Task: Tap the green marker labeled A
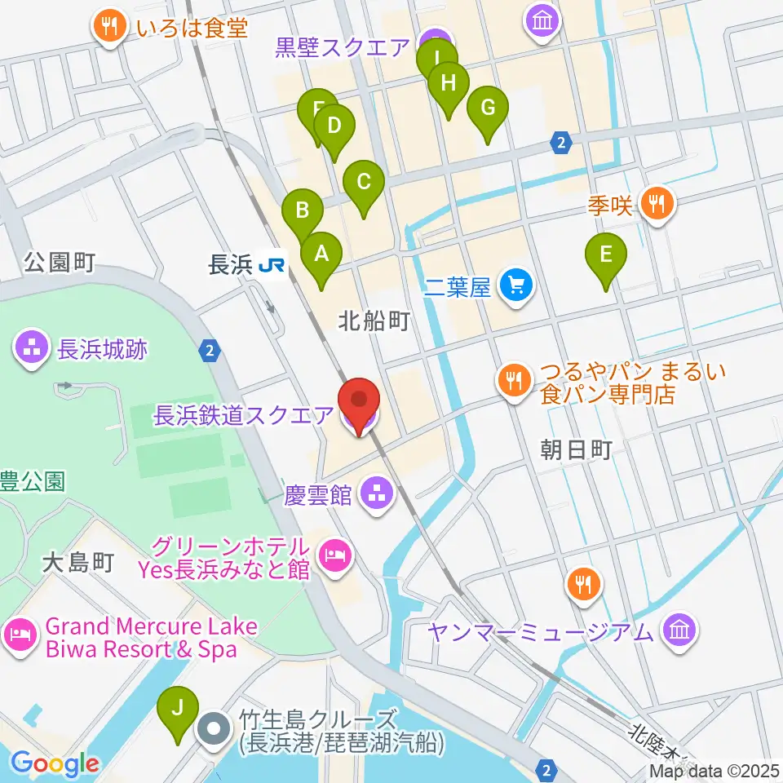click(321, 254)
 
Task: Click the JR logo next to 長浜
click(272, 264)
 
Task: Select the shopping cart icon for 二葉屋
click(517, 285)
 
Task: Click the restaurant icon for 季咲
click(657, 202)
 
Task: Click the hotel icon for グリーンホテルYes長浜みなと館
click(335, 557)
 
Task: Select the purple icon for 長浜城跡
click(33, 349)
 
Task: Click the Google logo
click(55, 764)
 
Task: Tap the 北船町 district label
click(373, 321)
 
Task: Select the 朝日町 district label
click(576, 449)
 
